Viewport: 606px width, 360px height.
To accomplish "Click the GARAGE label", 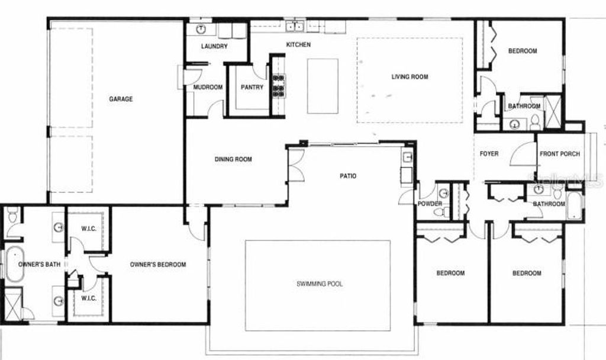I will [121, 99].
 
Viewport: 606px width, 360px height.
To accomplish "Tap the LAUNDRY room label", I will [214, 46].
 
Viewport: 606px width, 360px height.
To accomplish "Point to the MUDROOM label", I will [208, 88].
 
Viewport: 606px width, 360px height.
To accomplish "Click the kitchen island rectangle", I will [323, 86].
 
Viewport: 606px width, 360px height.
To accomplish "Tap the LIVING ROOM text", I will [410, 76].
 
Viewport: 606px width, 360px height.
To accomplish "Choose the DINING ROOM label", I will [233, 159].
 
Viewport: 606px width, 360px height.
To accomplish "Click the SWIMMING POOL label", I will [320, 284].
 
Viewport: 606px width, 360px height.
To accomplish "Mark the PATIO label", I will [348, 176].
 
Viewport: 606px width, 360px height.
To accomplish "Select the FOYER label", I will [489, 154].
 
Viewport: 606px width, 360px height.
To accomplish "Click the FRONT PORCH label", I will [560, 154].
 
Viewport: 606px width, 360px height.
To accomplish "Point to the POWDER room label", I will [430, 204].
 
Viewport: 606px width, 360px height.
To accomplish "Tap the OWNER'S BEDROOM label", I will [158, 265].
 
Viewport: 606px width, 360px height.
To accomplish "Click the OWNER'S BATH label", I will [37, 265].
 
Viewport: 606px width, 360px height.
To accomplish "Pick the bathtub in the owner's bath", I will [13, 265].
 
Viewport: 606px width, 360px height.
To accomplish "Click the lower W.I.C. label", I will [88, 298].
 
